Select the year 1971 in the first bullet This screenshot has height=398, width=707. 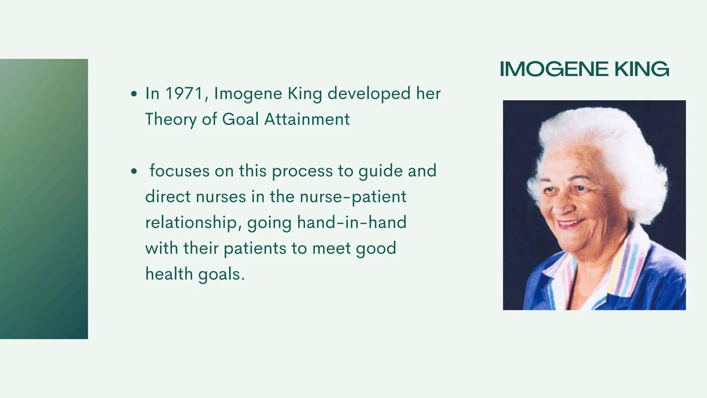184,93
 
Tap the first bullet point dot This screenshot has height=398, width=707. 134,94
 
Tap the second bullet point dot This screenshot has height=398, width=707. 134,171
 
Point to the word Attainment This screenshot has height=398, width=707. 307,119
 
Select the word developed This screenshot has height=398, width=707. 369,94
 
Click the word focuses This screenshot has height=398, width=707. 179,171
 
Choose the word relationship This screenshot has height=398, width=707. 193,223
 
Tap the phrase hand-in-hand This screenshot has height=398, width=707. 351,223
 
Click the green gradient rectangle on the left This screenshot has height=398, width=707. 44,199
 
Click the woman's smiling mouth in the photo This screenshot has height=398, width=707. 570,223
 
